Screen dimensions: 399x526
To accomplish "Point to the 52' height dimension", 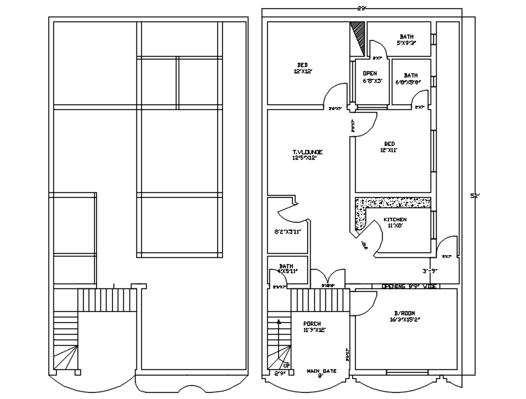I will pyautogui.click(x=474, y=196).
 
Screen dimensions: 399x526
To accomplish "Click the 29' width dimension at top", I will pyautogui.click(x=362, y=8).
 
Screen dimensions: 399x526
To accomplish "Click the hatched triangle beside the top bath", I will pyautogui.click(x=359, y=34).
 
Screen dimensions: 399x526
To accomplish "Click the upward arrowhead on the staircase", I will pyautogui.click(x=279, y=322).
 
